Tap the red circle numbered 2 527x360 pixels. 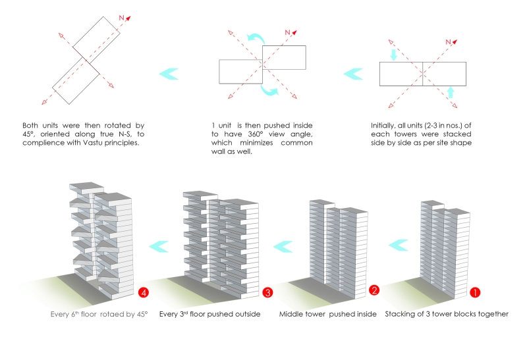coord(374,291)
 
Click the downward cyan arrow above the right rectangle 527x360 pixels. coord(394,55)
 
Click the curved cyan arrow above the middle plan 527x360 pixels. coord(254,39)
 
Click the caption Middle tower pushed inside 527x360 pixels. coord(327,314)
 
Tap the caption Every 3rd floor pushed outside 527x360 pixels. coord(209,314)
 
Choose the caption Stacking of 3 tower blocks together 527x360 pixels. coord(446,314)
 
